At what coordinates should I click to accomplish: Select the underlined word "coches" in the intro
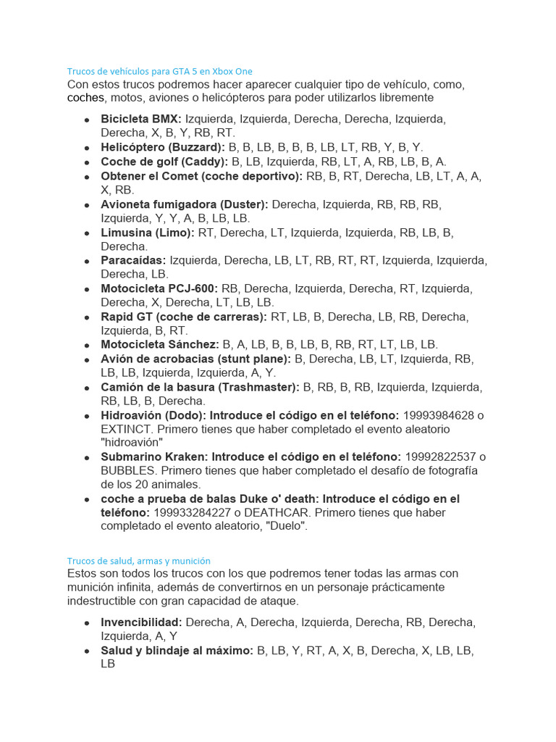point(86,98)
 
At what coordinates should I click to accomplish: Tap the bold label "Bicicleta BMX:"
point(141,119)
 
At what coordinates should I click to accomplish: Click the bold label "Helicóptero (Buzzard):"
point(163,147)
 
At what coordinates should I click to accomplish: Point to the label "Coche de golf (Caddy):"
point(164,162)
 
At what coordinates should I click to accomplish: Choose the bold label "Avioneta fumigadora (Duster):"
point(185,204)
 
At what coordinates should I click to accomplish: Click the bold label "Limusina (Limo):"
point(148,233)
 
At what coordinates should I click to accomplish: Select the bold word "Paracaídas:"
point(133,260)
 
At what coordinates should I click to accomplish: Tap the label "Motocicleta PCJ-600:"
point(159,288)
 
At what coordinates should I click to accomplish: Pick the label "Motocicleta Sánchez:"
point(160,345)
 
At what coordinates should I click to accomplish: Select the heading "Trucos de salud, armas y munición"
point(138,561)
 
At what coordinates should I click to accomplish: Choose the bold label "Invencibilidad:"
point(142,622)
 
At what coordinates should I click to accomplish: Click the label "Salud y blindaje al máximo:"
point(177,651)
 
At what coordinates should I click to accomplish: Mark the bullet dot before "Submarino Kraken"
point(87,458)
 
